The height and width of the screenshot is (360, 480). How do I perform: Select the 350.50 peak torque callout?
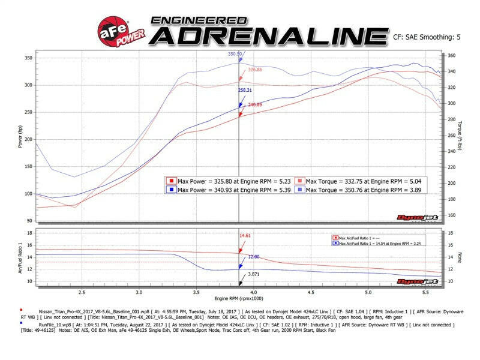235,53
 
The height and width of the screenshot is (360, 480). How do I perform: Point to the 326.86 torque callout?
255,70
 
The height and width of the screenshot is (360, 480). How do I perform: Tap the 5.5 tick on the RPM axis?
426,293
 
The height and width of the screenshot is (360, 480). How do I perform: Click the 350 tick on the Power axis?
28,58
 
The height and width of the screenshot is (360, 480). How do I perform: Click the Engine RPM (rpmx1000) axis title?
239,298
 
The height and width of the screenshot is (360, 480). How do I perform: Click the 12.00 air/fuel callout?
254,256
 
